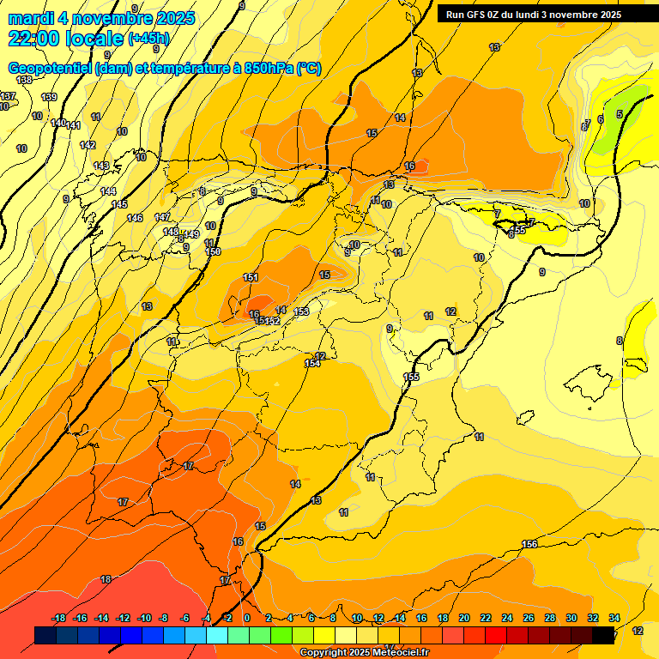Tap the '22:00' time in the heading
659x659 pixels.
click(x=34, y=38)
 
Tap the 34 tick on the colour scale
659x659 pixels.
click(x=614, y=618)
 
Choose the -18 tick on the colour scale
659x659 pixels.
click(x=58, y=618)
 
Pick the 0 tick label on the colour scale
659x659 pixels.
click(x=247, y=618)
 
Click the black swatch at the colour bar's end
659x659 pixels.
click(x=603, y=635)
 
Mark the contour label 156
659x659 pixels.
click(x=529, y=544)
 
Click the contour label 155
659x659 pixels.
click(x=411, y=377)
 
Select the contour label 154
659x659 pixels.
click(x=312, y=364)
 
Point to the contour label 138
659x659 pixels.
click(x=24, y=80)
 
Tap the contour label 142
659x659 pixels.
click(x=88, y=145)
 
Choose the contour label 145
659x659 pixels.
click(x=119, y=204)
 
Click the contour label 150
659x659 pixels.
click(x=214, y=251)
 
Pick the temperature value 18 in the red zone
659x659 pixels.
click(x=106, y=579)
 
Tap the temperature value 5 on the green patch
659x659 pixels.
click(x=620, y=113)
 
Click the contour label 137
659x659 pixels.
click(x=8, y=96)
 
